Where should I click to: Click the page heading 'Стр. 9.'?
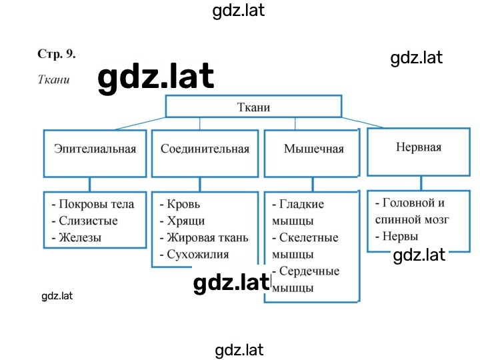(x=56, y=54)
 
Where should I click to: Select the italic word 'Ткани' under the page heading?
(x=53, y=79)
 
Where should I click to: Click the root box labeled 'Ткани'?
(x=253, y=106)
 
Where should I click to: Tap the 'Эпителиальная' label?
(x=95, y=149)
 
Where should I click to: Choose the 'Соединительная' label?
(x=205, y=149)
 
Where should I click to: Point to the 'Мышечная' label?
(x=314, y=149)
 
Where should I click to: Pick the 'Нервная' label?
(x=419, y=147)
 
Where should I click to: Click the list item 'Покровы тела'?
(x=97, y=204)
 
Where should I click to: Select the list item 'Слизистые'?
(x=88, y=221)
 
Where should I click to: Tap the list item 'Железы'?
(x=80, y=237)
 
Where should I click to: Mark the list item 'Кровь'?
(x=183, y=204)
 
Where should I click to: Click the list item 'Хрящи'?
(x=186, y=221)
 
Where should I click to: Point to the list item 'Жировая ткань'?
(x=207, y=238)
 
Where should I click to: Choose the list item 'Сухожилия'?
(x=198, y=255)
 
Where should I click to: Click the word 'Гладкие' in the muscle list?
(x=301, y=204)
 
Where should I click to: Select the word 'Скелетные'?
(x=309, y=237)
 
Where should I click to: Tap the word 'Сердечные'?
(x=309, y=271)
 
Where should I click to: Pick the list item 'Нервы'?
(x=400, y=236)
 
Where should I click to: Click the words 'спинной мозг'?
(x=412, y=220)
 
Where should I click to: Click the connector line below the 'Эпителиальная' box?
(x=90, y=185)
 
